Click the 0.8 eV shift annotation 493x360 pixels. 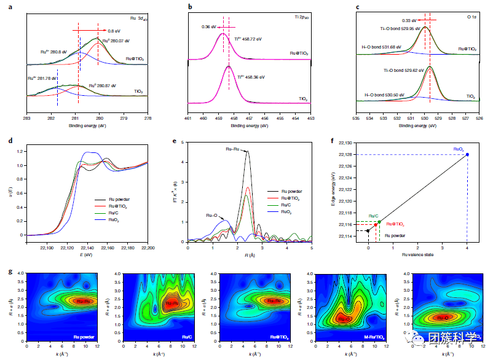(114, 31)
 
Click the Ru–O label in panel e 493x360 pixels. (213, 215)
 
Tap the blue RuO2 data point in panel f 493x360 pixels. (467, 154)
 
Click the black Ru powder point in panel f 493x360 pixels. (368, 231)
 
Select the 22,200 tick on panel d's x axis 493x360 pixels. (148, 248)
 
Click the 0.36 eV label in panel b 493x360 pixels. (210, 27)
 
